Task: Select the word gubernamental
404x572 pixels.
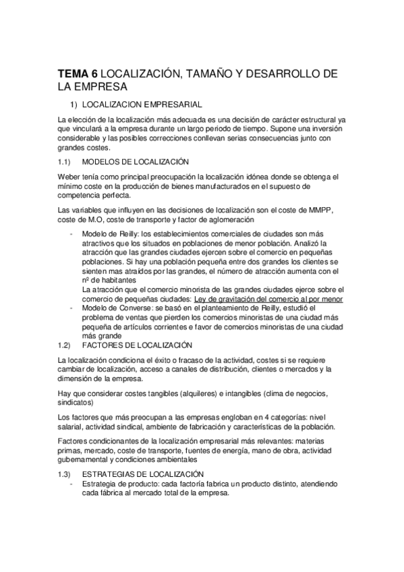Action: pos(84,459)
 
